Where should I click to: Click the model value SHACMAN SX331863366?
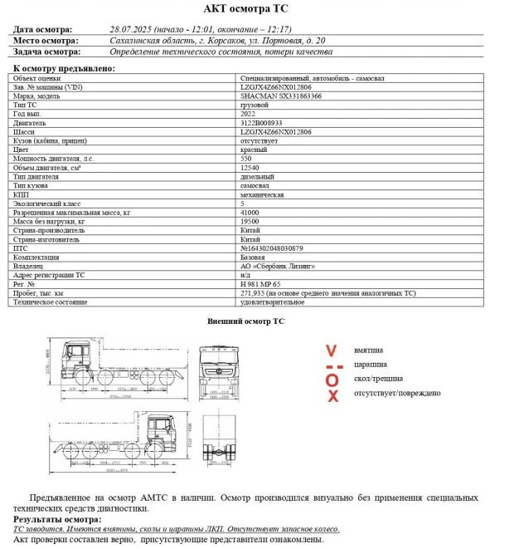pos(281,96)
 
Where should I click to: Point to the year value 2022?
pos(250,114)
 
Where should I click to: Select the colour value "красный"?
pos(253,150)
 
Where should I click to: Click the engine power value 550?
pos(246,158)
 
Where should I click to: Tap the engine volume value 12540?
pos(250,167)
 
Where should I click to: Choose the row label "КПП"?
pos(22,194)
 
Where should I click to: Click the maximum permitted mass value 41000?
pos(250,212)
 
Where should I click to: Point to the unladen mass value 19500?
pos(250,221)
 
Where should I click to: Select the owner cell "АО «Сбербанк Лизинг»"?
pos(278,266)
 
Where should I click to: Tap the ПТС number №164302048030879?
pos(272,248)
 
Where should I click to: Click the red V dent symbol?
pos(331,350)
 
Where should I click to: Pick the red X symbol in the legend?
pos(332,395)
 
